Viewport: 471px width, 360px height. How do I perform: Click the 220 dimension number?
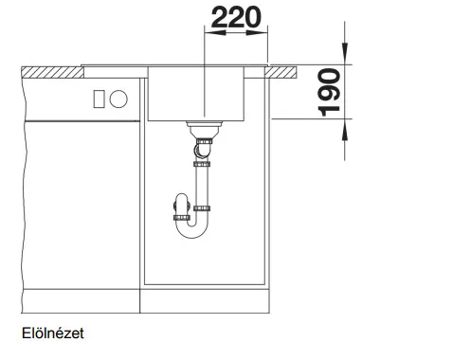point(236,17)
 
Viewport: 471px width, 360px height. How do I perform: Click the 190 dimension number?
point(329,92)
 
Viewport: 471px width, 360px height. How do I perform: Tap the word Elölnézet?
point(53,333)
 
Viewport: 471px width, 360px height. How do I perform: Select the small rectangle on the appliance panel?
point(99,99)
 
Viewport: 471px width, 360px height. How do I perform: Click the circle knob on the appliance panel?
point(118,99)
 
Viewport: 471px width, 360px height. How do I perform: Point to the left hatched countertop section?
point(52,72)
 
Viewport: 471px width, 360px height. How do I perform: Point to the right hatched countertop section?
point(281,72)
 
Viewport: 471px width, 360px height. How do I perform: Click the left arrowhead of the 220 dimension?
point(215,32)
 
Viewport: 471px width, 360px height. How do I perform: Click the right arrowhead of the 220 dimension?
point(257,32)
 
